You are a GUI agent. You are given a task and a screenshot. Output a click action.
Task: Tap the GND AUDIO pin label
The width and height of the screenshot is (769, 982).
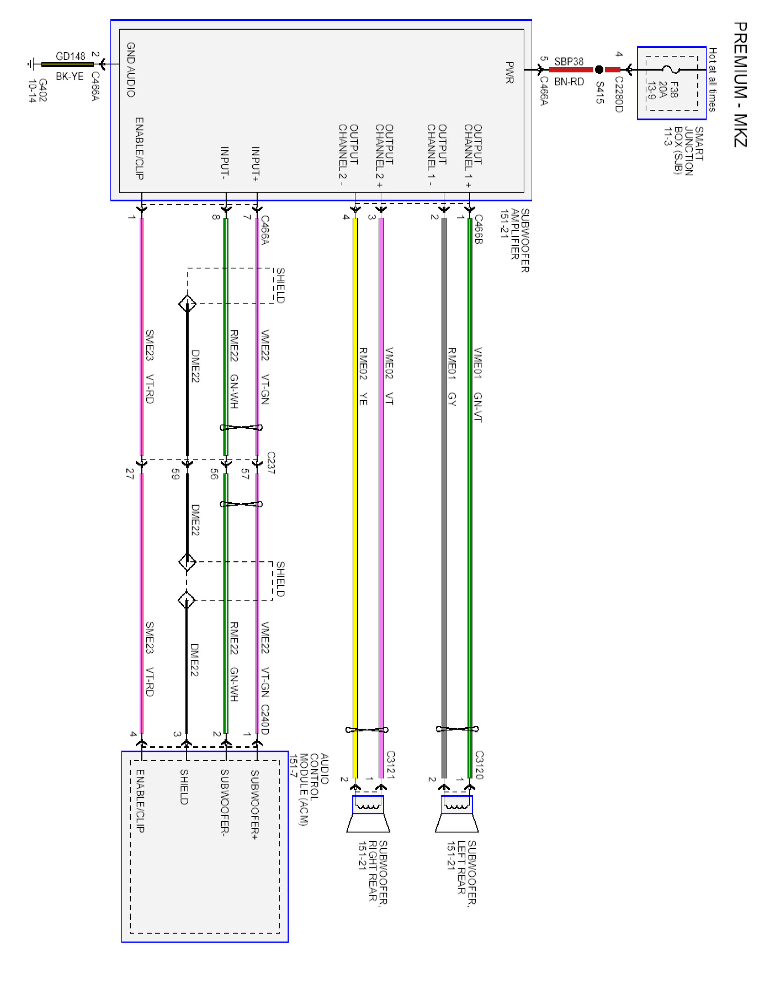click(131, 69)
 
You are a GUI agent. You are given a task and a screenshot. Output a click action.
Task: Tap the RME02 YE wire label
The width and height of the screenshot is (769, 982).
click(363, 376)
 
